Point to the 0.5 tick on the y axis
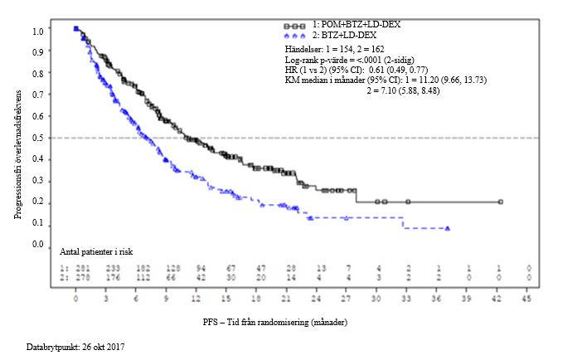coord(36,138)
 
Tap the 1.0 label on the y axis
coord(36,31)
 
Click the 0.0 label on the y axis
coord(36,245)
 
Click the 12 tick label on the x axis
coord(196,299)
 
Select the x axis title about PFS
coord(274,321)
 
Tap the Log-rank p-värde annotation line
coord(345,61)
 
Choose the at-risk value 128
coord(173,269)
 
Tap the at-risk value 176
coord(113,277)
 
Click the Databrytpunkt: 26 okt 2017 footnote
coord(74,344)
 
